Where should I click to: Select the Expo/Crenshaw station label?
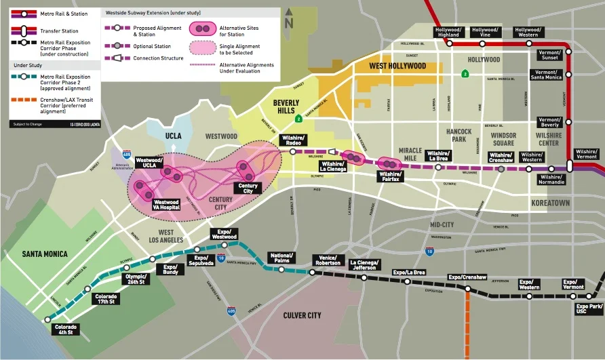[467, 278]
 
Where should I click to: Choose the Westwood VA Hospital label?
[166, 204]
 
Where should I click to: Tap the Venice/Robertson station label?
[328, 260]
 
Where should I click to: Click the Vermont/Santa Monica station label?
[546, 75]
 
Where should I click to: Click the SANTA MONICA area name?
[45, 254]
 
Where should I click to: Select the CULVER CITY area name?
[302, 315]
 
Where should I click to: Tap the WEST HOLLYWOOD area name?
[397, 66]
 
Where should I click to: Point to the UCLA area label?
[174, 136]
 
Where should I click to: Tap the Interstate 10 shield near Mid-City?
[429, 252]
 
